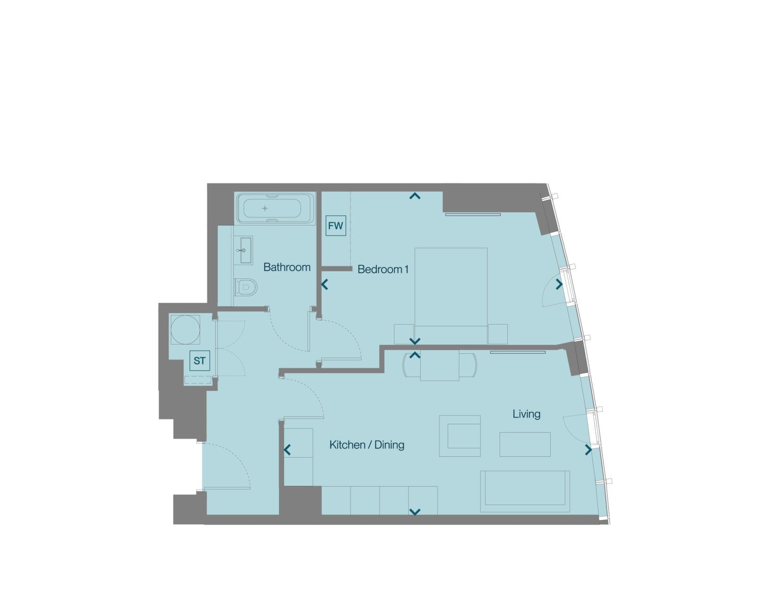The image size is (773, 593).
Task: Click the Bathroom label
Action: [287, 267]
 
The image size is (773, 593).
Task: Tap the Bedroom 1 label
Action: [383, 269]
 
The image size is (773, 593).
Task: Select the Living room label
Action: [527, 414]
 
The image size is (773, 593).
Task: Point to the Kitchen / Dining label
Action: [367, 445]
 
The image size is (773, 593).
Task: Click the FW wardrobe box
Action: [335, 226]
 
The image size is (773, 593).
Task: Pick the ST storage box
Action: [200, 360]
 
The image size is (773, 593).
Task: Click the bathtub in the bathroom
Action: [276, 208]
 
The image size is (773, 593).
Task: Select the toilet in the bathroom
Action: [246, 287]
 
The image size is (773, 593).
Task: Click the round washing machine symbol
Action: [185, 329]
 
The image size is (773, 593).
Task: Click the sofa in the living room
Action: [525, 492]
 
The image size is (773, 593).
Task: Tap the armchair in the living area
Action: [460, 436]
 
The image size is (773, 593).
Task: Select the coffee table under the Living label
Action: [525, 444]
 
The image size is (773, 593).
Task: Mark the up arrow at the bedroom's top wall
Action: [415, 196]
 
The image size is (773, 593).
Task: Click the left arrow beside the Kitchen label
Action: [287, 450]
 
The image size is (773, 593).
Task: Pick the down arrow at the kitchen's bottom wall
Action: [415, 512]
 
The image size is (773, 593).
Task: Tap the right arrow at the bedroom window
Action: [559, 284]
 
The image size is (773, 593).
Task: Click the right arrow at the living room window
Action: [588, 450]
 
